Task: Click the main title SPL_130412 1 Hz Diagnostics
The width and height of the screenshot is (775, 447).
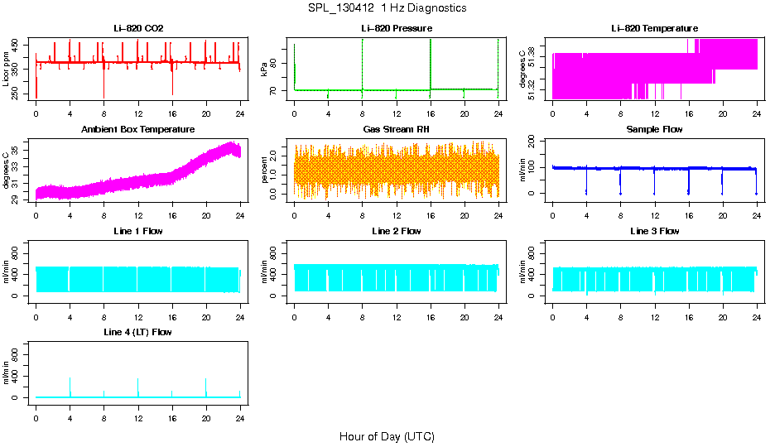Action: (387, 8)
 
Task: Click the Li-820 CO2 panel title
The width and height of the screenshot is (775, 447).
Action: (138, 29)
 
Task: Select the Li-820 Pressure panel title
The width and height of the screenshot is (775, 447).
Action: (397, 29)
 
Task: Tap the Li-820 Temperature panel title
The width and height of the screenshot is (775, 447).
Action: (654, 29)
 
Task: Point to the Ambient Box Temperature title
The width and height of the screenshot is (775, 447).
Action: (138, 130)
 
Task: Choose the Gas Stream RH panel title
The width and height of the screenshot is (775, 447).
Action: (397, 130)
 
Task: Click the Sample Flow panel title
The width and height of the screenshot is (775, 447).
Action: (654, 130)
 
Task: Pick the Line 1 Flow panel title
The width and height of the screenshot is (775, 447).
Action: (138, 231)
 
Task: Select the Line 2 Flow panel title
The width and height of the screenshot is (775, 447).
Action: (397, 231)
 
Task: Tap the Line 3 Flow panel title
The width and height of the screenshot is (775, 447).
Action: (654, 231)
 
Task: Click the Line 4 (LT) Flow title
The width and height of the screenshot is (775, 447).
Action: (138, 332)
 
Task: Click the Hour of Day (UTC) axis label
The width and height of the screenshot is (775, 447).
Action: (387, 436)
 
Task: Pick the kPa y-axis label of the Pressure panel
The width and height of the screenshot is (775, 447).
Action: (264, 73)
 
